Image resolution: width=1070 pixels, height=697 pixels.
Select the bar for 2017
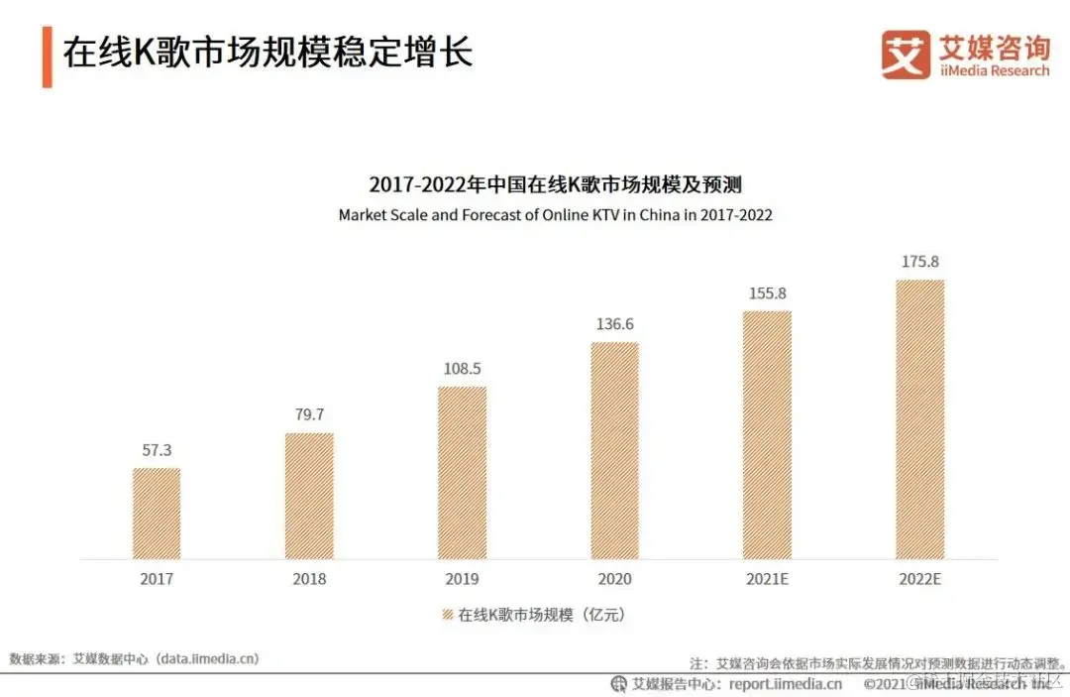tap(157, 513)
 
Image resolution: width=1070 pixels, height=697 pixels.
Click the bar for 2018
tap(309, 496)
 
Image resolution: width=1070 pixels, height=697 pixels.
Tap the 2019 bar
tap(462, 472)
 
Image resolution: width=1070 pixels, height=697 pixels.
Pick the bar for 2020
tap(614, 450)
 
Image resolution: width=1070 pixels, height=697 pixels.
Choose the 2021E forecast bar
tap(767, 434)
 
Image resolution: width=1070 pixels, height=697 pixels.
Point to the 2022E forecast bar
tap(919, 418)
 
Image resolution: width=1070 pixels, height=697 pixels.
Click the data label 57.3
tap(157, 449)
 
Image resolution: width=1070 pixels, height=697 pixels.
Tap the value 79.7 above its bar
tap(309, 414)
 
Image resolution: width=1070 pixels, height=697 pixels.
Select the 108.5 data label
tap(462, 369)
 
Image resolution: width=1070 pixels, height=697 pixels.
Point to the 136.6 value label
tap(614, 324)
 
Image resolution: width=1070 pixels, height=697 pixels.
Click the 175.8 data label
tap(919, 262)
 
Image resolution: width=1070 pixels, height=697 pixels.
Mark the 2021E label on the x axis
tap(767, 579)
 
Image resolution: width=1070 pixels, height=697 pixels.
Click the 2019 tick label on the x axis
tap(462, 579)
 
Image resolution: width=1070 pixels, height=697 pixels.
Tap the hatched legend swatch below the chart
tap(447, 615)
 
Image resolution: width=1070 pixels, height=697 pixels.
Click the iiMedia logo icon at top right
tap(906, 55)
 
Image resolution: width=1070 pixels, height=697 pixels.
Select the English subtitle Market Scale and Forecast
tap(555, 214)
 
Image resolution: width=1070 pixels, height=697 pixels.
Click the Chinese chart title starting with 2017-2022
tap(555, 184)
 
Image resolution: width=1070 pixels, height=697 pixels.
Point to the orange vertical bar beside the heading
tap(47, 56)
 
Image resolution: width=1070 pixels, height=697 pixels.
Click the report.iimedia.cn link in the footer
tap(786, 683)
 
